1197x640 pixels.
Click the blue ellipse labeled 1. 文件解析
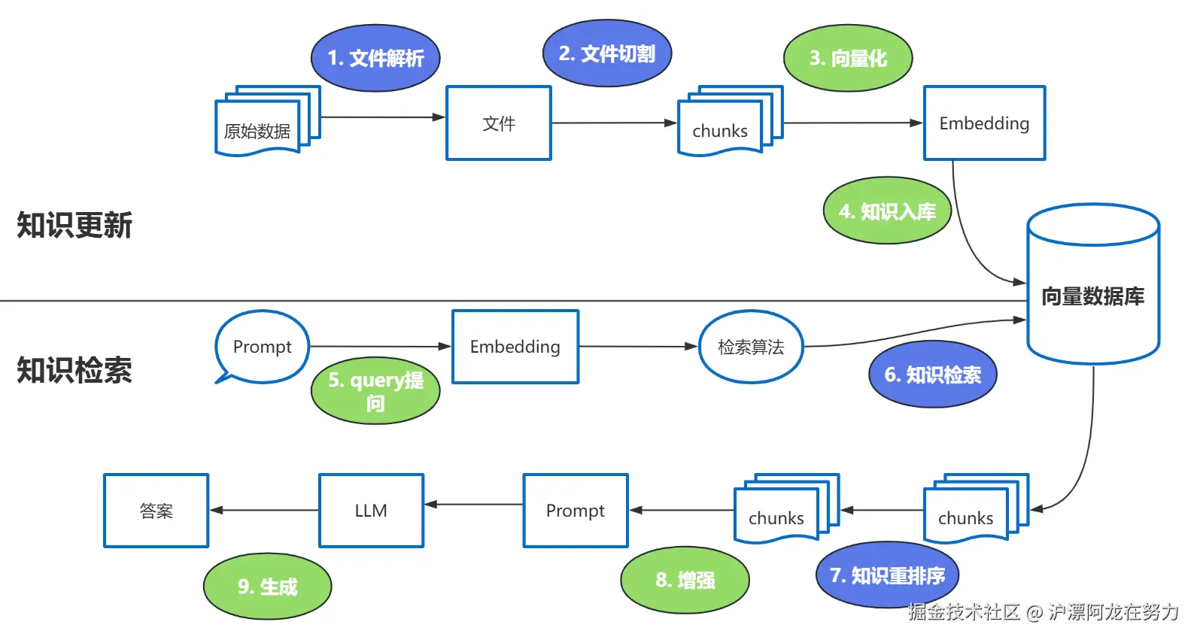pos(375,58)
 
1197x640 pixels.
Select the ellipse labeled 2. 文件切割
pos(607,53)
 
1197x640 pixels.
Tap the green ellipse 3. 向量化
pos(848,58)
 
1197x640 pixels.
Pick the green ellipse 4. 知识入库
pos(887,211)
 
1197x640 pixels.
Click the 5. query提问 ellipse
pos(375,390)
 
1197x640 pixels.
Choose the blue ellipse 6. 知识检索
pos(933,374)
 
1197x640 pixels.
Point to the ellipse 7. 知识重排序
pos(888,575)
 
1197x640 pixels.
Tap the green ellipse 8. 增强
pos(685,580)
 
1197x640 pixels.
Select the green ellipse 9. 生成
pos(267,586)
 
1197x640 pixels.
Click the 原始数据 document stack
pos(267,121)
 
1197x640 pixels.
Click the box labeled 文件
pos(499,123)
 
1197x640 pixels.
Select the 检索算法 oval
pos(751,347)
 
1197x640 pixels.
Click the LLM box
pos(372,511)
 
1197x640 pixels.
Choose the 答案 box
pos(156,511)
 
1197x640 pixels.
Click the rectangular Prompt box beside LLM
pos(576,511)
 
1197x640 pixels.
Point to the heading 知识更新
pos(74,225)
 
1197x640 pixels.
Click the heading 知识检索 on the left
pos(74,370)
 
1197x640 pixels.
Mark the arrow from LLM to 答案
pos(264,510)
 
